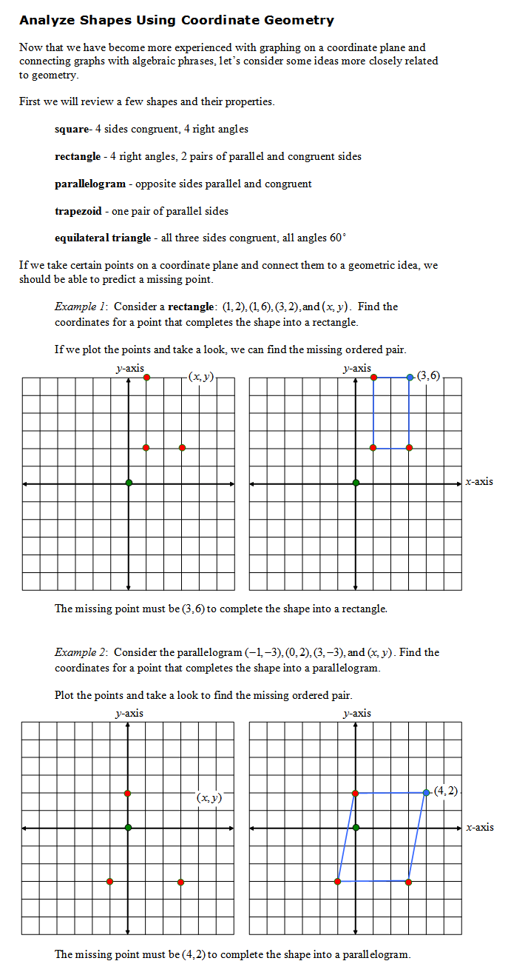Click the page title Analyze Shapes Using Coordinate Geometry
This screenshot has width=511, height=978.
pyautogui.click(x=177, y=21)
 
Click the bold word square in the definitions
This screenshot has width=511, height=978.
pyautogui.click(x=72, y=129)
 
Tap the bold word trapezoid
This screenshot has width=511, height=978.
pyautogui.click(x=78, y=211)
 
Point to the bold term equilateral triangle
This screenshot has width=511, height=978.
pyautogui.click(x=103, y=238)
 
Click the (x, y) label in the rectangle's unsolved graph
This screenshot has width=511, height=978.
pyautogui.click(x=201, y=377)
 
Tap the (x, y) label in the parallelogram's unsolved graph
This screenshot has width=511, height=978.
pyautogui.click(x=209, y=797)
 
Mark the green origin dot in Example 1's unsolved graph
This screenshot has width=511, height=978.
pyautogui.click(x=129, y=483)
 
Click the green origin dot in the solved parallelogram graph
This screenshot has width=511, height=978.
pyautogui.click(x=356, y=827)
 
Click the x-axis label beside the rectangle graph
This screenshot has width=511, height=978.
pyautogui.click(x=479, y=482)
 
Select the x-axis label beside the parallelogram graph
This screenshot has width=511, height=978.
pyautogui.click(x=479, y=827)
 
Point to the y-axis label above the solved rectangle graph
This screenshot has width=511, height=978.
pyautogui.click(x=356, y=368)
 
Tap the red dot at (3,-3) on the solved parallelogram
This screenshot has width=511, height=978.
pyautogui.click(x=409, y=881)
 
